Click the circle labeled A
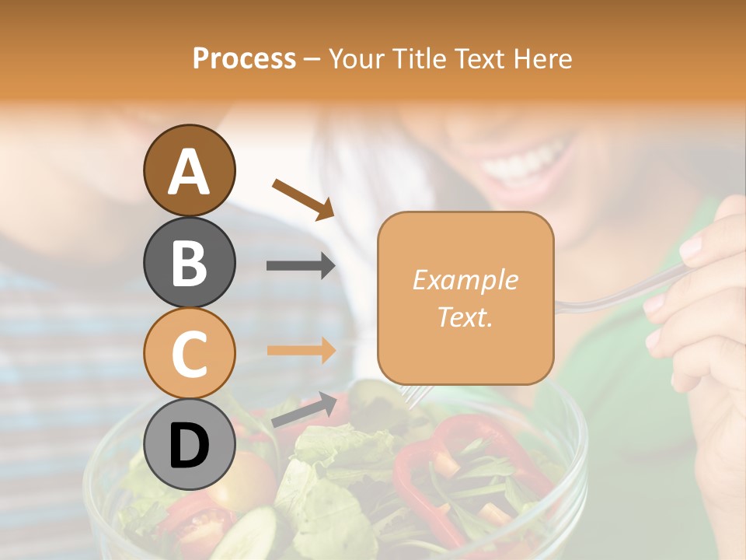(x=189, y=171)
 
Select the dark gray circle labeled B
(x=189, y=262)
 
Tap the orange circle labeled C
(x=189, y=353)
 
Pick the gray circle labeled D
(x=189, y=444)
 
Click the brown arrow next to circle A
(x=302, y=199)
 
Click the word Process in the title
(x=244, y=58)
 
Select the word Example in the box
(x=465, y=280)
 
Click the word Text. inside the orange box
(x=465, y=317)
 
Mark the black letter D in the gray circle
(x=189, y=446)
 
